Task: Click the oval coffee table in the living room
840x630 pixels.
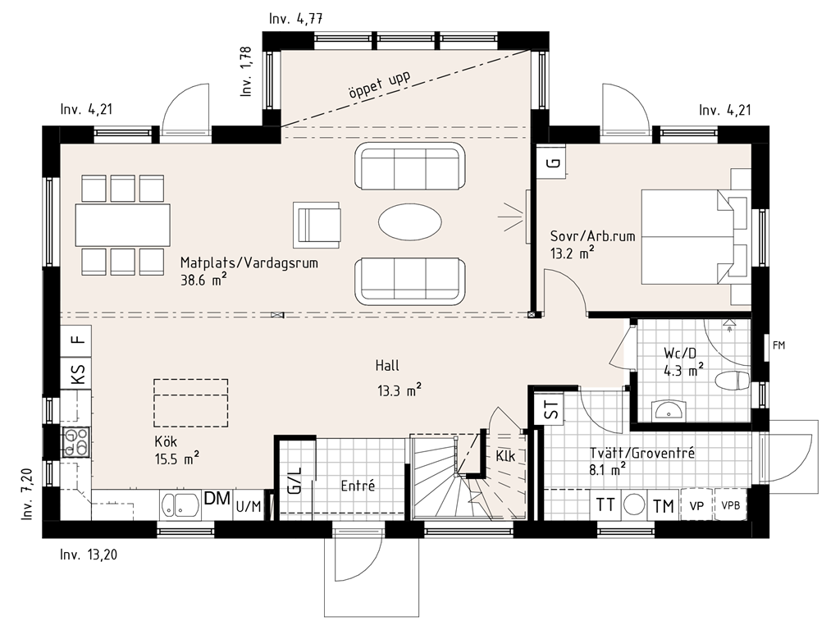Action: pos(410,221)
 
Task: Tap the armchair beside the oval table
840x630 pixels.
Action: pos(317,225)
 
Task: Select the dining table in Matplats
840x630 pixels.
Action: pos(123,225)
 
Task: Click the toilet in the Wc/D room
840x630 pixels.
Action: pos(733,381)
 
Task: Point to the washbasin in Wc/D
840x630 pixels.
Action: pos(669,410)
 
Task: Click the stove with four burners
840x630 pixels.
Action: pos(76,441)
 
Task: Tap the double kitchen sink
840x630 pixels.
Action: pos(180,505)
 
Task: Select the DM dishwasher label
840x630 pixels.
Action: pos(217,499)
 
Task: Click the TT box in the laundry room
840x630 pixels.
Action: pos(605,504)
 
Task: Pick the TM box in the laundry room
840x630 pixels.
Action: pos(663,504)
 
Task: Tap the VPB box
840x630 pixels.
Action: pos(730,504)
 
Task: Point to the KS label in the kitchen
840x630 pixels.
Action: pos(78,373)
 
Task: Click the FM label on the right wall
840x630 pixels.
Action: pos(778,345)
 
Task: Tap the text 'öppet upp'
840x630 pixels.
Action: pos(379,85)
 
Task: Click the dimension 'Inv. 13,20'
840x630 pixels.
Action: pos(89,555)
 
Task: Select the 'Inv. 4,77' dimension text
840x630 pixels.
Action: pos(295,19)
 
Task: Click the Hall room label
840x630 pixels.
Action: pos(387,365)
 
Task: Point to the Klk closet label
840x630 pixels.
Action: pos(505,455)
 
